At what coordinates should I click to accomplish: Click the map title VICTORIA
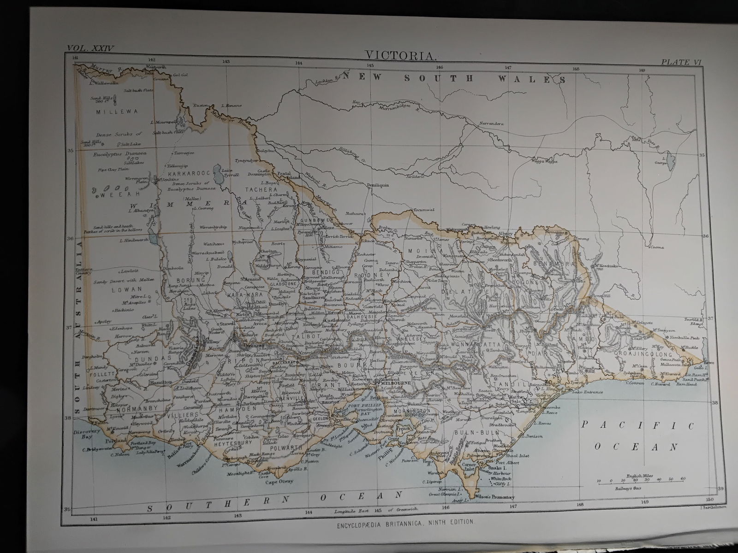[x=401, y=55]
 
